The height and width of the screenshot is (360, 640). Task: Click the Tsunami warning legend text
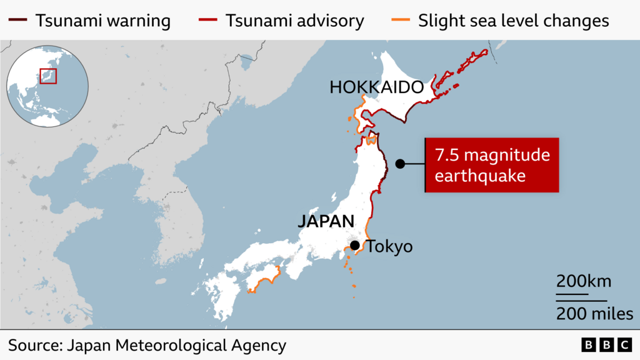(x=102, y=21)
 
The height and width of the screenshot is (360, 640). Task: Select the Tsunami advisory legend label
(x=294, y=21)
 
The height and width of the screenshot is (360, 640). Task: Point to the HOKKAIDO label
(x=377, y=88)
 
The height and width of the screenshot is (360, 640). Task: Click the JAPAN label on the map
(x=326, y=221)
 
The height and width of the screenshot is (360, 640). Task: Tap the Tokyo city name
(x=389, y=246)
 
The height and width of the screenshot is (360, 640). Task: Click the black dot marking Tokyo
(x=355, y=246)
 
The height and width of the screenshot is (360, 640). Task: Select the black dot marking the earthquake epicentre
(x=400, y=164)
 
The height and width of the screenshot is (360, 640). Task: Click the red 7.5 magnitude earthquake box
(x=492, y=165)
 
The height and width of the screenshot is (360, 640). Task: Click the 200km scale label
(x=584, y=281)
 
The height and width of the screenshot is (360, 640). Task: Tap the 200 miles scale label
(x=594, y=314)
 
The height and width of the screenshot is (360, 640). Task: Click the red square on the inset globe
(x=48, y=76)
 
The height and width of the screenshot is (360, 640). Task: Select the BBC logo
(x=606, y=345)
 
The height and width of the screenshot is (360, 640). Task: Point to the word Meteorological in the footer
(x=169, y=345)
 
